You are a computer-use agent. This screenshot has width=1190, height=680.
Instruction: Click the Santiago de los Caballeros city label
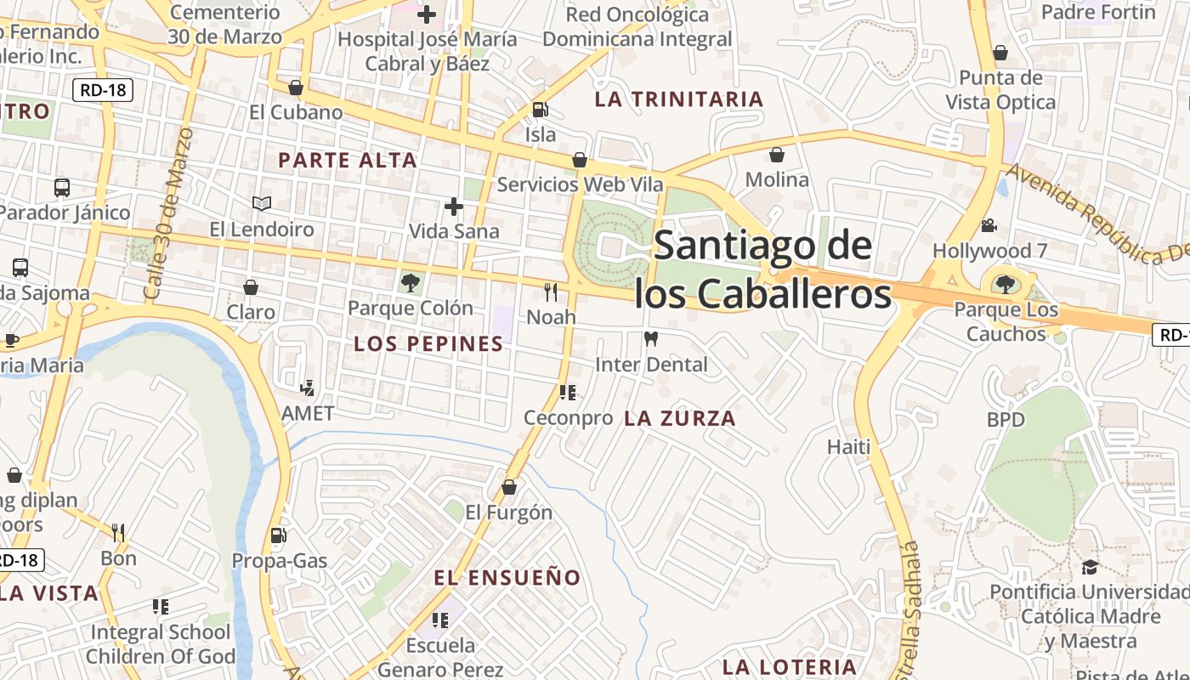[x=763, y=269]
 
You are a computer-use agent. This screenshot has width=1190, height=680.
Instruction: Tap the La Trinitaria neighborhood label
[x=679, y=99]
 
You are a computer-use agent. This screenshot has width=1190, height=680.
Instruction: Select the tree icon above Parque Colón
[x=411, y=283]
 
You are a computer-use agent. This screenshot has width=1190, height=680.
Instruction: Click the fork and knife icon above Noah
[x=551, y=292]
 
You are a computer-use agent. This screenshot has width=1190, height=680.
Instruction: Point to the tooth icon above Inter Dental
[x=651, y=339]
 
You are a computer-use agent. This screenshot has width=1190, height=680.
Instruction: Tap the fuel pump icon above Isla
[x=540, y=110]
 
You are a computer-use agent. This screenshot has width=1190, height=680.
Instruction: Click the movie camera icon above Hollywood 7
[x=989, y=226]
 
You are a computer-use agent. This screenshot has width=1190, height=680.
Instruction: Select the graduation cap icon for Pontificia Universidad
[x=1090, y=567]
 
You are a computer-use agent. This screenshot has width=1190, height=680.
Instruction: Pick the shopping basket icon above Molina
[x=776, y=155]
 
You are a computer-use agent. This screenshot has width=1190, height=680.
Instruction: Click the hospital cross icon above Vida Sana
[x=454, y=206]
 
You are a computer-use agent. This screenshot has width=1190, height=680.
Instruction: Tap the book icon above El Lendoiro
[x=262, y=204]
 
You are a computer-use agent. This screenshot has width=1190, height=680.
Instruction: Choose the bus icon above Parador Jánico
[x=62, y=187]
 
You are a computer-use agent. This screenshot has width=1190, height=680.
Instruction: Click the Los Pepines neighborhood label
[x=428, y=344]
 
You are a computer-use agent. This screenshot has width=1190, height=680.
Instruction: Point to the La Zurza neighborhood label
[x=680, y=418]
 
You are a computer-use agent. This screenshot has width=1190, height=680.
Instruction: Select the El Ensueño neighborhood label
[x=507, y=578]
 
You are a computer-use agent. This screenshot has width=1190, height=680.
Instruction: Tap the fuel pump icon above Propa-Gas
[x=278, y=535]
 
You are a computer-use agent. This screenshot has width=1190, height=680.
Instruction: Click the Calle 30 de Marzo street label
[x=169, y=212]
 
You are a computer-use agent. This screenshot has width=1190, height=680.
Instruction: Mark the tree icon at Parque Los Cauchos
[x=1006, y=284]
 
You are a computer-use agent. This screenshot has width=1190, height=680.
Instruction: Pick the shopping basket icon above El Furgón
[x=508, y=487]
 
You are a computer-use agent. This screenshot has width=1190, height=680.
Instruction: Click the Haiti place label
[x=849, y=446]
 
